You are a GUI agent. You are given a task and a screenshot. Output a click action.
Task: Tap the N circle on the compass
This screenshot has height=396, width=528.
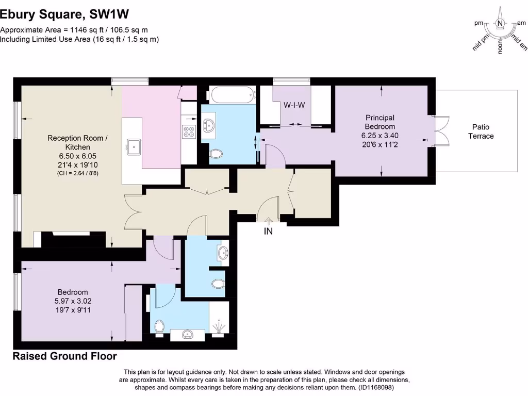[499, 23]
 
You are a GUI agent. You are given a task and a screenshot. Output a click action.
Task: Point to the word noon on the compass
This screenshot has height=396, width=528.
[500, 47]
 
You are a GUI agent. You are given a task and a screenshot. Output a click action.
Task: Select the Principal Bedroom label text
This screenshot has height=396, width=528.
[380, 122]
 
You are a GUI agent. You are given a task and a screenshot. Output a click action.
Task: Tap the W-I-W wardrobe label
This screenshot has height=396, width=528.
[294, 105]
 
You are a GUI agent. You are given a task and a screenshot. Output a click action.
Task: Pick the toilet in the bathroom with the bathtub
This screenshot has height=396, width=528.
[216, 154]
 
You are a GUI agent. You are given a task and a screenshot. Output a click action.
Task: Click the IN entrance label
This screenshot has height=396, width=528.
[268, 232]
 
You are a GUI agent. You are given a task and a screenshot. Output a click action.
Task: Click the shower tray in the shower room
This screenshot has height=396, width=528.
[219, 320]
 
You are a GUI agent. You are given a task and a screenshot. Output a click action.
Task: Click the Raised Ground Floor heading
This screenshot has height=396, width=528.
[64, 356]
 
